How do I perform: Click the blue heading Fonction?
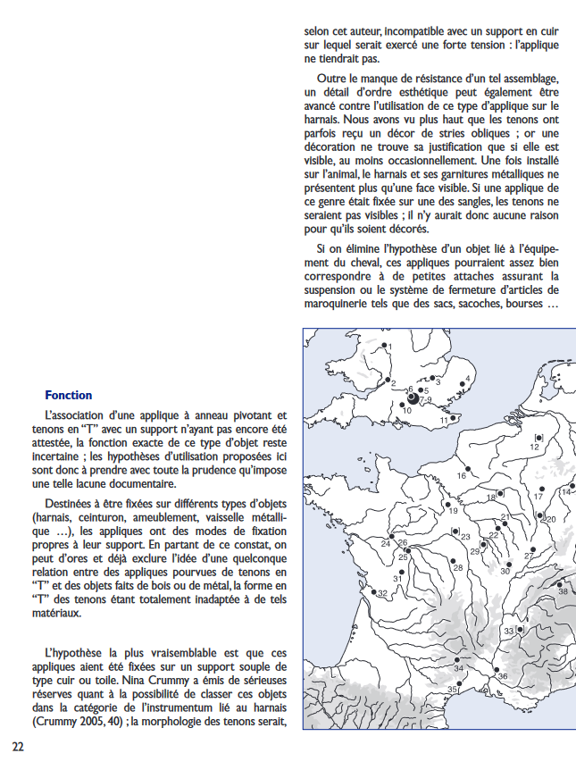pyautogui.click(x=68, y=395)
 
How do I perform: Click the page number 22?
pyautogui.click(x=18, y=746)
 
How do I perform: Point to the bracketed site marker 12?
pyautogui.click(x=537, y=437)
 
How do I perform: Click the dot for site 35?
pyautogui.click(x=463, y=685)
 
